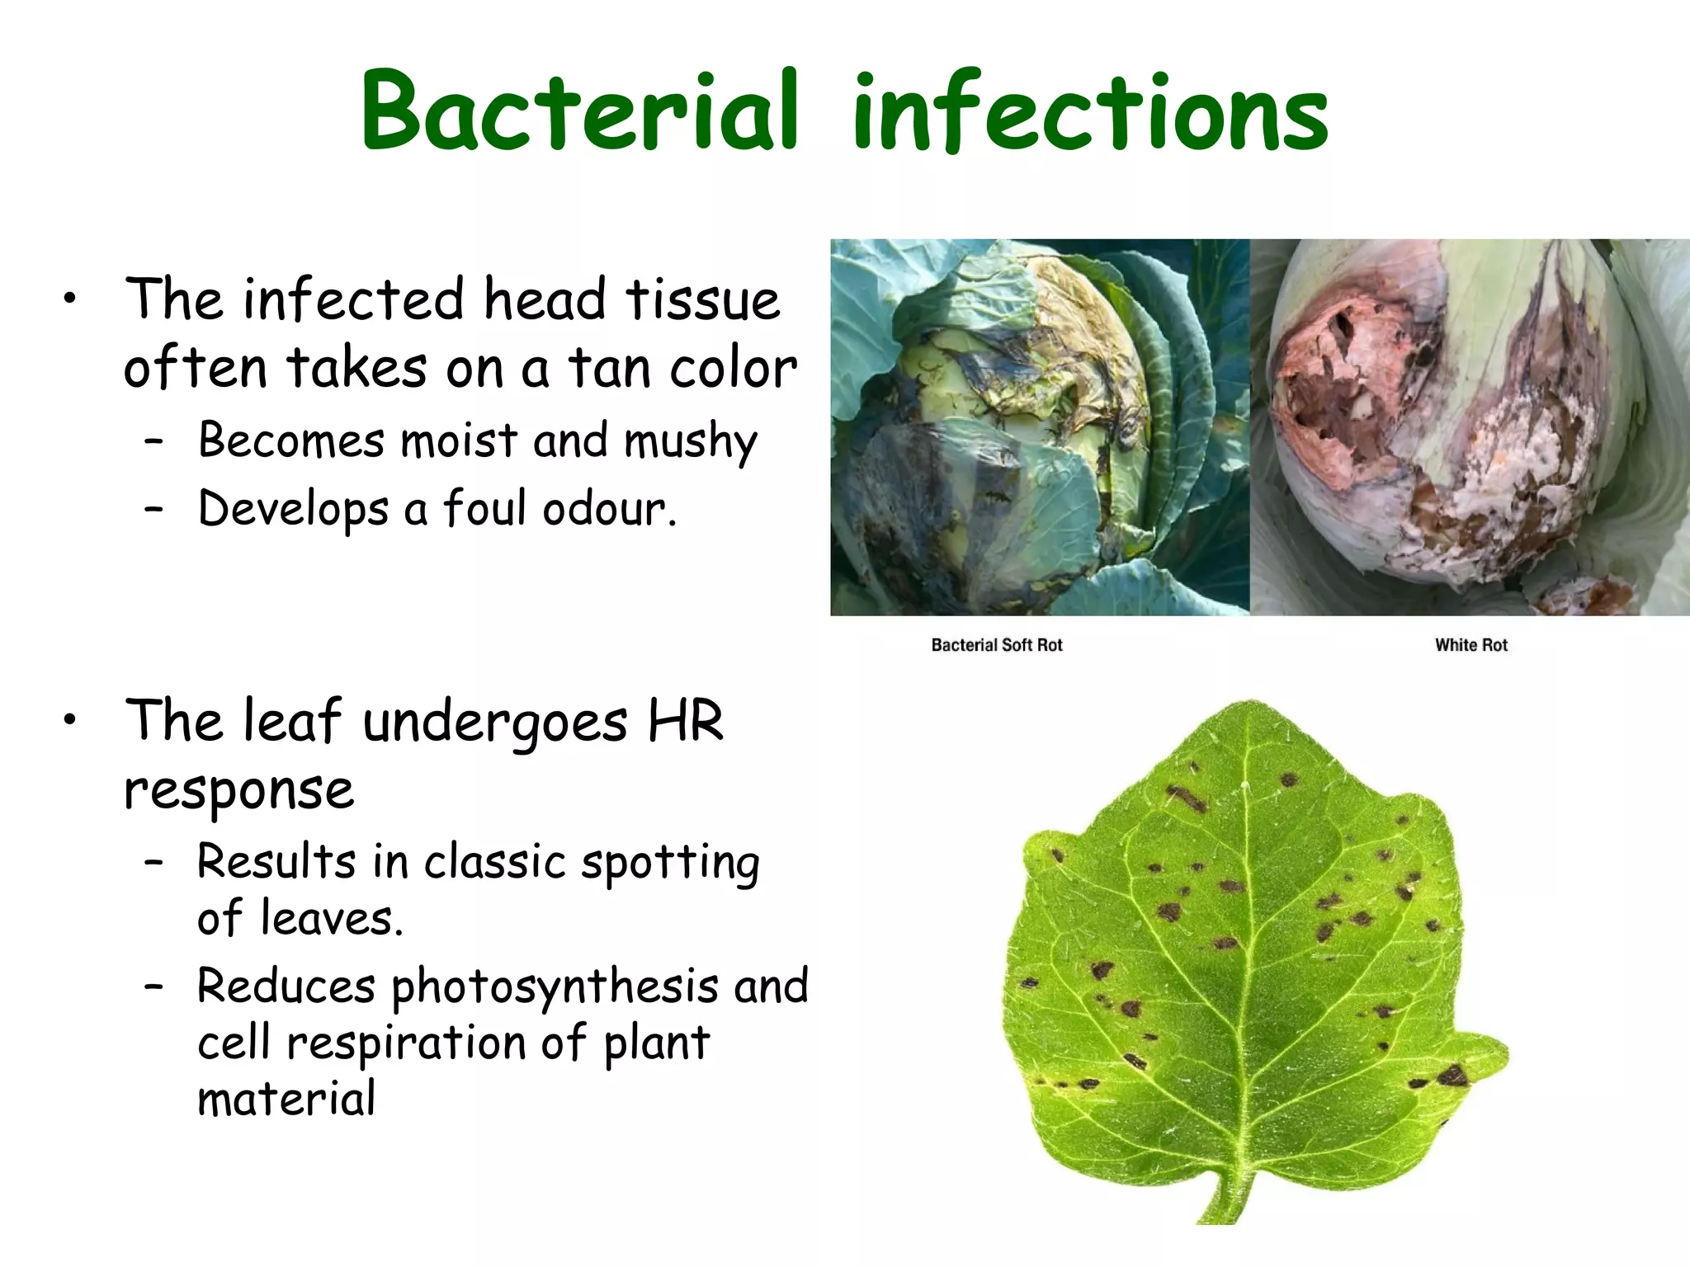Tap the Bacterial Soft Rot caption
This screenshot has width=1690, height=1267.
click(996, 645)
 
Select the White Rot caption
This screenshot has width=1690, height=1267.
click(1470, 645)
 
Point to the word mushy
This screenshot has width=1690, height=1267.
click(690, 441)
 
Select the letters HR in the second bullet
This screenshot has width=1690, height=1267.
click(686, 721)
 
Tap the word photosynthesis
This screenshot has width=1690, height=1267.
click(555, 987)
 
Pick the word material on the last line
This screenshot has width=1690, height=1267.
click(286, 1099)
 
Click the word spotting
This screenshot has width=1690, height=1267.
click(670, 863)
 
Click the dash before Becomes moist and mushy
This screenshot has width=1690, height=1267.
click(153, 441)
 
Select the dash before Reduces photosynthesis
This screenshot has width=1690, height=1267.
click(153, 987)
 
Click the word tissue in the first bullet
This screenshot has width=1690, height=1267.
click(702, 299)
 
